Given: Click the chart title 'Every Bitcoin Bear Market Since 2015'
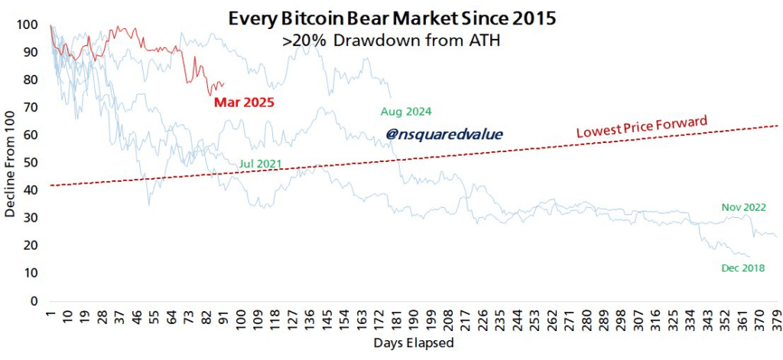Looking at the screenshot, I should pyautogui.click(x=390, y=16).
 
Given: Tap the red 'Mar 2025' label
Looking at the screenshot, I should pyautogui.click(x=243, y=101).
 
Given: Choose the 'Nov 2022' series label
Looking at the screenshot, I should pyautogui.click(x=743, y=207).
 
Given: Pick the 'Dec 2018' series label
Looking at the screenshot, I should pyautogui.click(x=742, y=268).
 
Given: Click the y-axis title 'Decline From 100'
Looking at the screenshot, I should pyautogui.click(x=11, y=162).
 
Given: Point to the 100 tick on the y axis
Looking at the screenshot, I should pyautogui.click(x=30, y=24).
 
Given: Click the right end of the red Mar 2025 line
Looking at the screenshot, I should pyautogui.click(x=223, y=84).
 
